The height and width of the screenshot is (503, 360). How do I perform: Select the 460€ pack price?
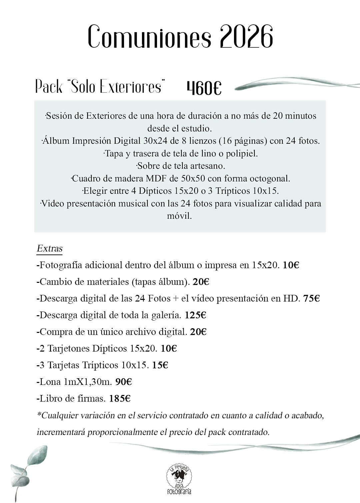tap(204, 88)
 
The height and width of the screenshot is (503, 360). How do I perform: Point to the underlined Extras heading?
tap(50, 248)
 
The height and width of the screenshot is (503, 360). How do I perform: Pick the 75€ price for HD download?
tap(311, 299)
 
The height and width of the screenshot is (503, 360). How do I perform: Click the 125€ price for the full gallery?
tap(196, 315)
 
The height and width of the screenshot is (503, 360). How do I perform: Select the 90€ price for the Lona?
tap(123, 382)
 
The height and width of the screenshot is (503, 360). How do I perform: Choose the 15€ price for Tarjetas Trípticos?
tap(160, 365)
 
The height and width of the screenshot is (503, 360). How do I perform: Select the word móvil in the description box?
tap(179, 216)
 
